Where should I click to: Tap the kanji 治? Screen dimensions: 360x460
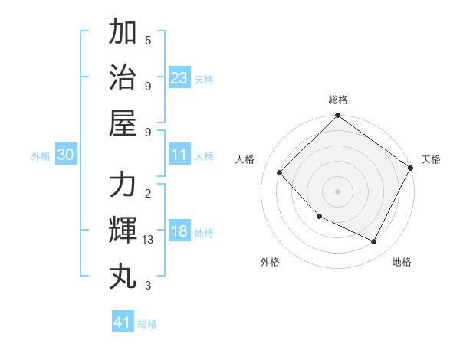click(123, 77)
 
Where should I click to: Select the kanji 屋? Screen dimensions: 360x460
click(123, 123)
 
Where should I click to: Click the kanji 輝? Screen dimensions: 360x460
click(123, 231)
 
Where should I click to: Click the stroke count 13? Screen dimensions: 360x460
click(148, 240)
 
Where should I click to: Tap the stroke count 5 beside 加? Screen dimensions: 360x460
click(148, 41)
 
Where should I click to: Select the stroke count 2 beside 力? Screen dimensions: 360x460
click(148, 193)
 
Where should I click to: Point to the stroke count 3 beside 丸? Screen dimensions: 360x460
click(148, 285)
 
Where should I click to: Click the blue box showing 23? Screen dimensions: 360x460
click(179, 77)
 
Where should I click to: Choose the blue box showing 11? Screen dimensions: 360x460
click(179, 155)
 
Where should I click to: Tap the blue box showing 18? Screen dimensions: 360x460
click(179, 231)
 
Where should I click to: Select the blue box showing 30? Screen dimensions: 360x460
click(65, 155)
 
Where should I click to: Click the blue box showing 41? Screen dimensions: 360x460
click(123, 322)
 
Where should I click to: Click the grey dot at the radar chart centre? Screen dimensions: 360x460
click(337, 191)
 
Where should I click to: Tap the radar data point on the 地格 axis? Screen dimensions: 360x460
click(374, 241)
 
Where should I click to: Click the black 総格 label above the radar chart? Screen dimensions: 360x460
click(337, 100)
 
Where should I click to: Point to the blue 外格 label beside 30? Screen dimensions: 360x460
click(41, 156)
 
